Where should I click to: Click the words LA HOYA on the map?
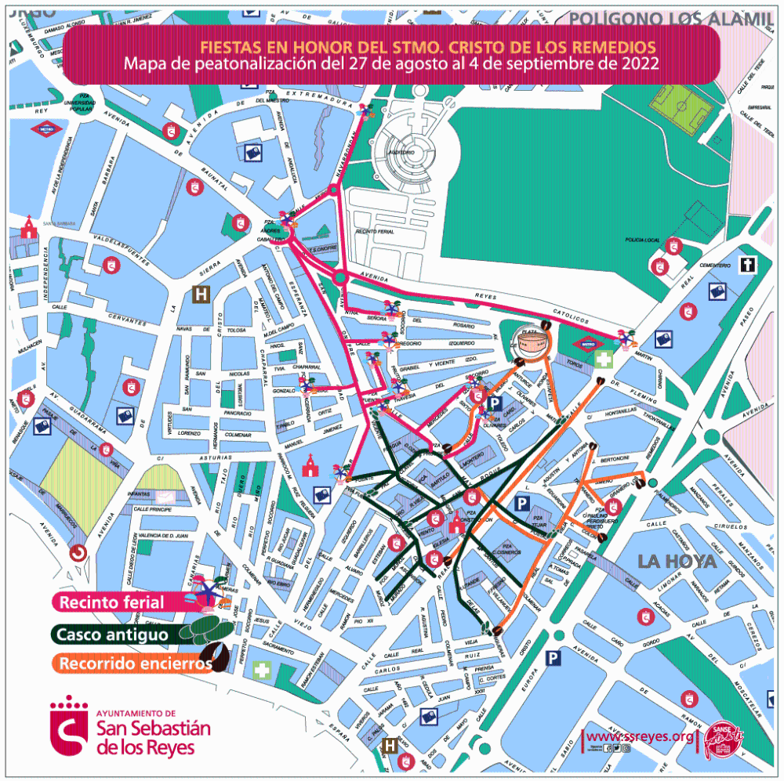tap(677, 562)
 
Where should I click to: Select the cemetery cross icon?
tap(749, 265)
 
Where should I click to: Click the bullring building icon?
tap(528, 343)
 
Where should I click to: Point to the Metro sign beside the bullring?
tap(586, 344)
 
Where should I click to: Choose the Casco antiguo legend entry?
tap(111, 633)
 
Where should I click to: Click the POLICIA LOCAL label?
tap(641, 239)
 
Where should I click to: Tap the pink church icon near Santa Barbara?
tap(29, 228)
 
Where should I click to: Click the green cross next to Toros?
tap(603, 361)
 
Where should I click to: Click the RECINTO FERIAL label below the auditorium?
tap(374, 233)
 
